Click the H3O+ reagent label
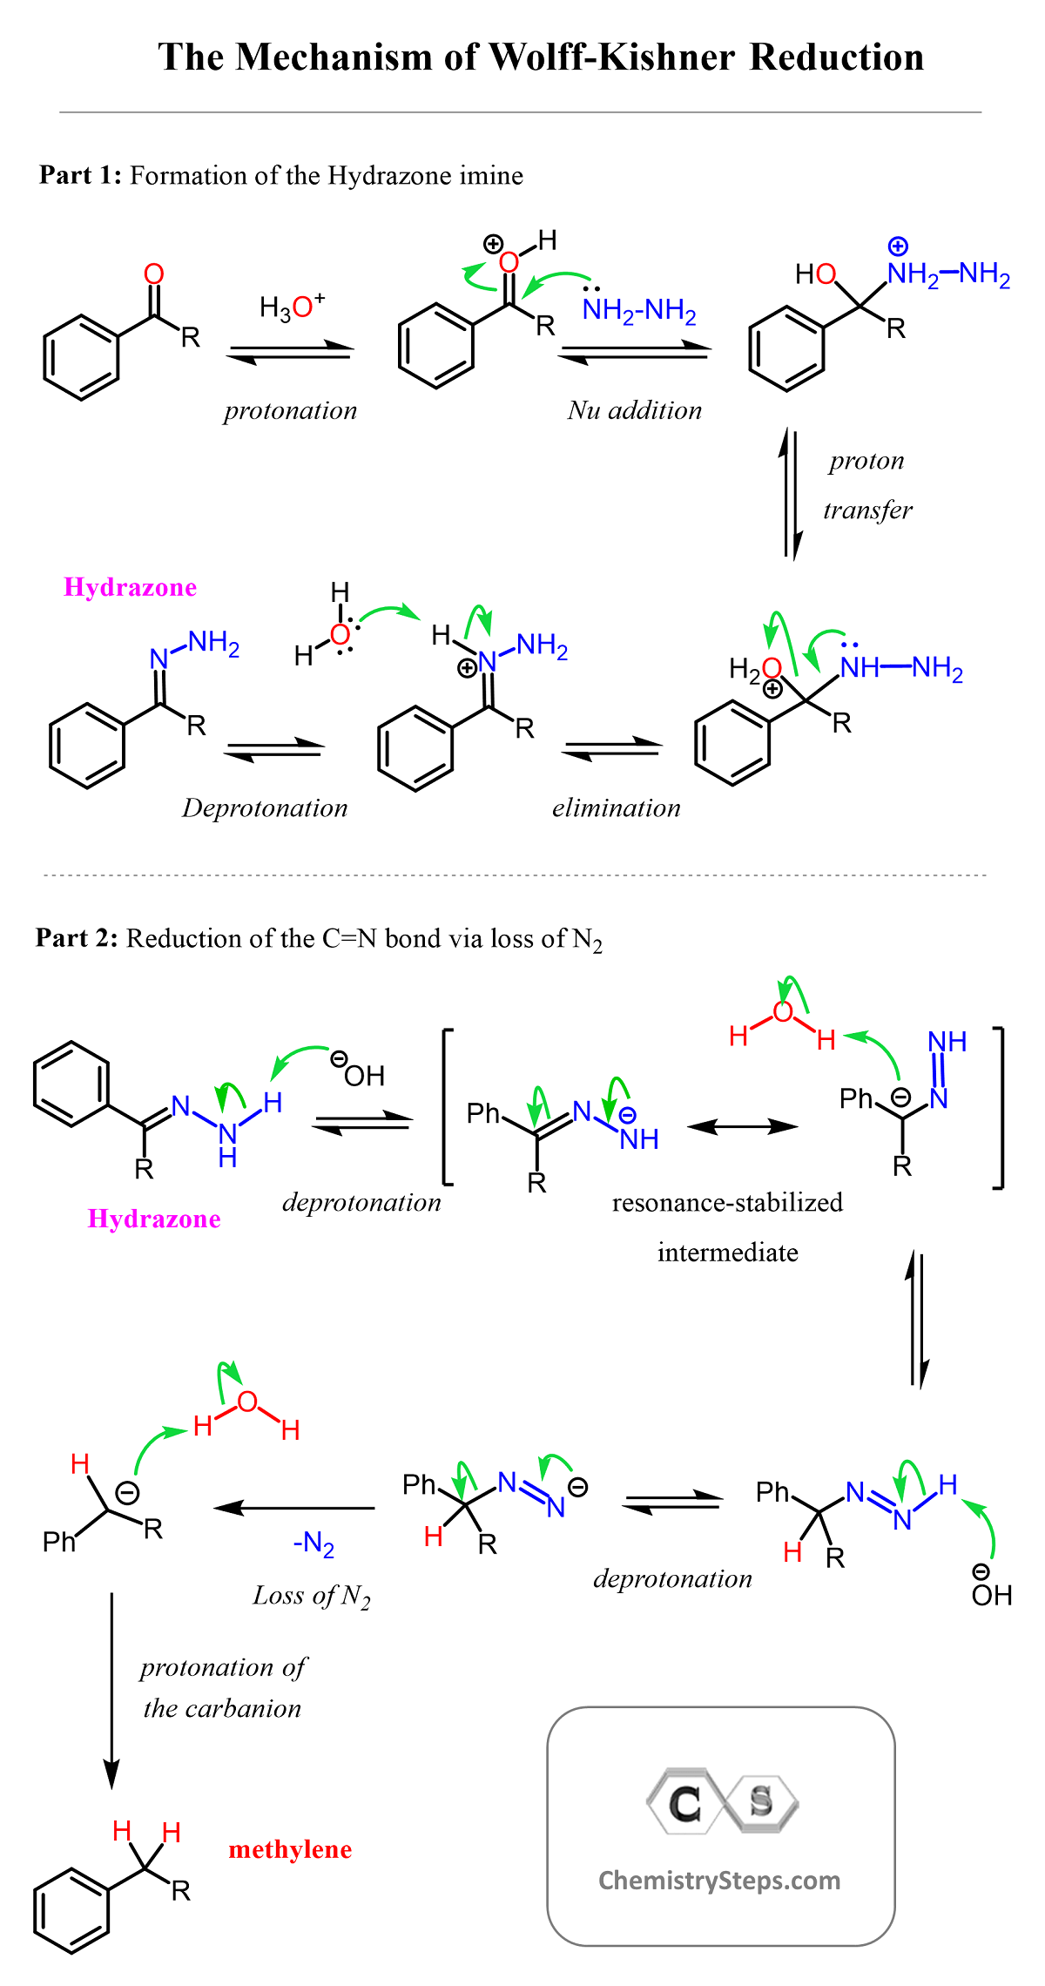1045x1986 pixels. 293,307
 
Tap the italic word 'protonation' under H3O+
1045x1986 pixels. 291,410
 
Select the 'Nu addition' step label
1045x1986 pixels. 635,410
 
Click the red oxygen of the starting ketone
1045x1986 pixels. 154,274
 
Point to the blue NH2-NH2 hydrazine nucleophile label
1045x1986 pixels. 640,310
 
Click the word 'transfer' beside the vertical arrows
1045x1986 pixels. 867,510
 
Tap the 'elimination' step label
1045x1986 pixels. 617,807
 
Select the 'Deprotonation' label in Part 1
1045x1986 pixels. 265,808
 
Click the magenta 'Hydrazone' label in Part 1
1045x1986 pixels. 131,587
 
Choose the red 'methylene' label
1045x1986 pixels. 290,1849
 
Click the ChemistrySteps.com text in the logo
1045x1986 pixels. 719,1881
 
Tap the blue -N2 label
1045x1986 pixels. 313,1544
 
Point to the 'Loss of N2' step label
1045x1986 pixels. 312,1596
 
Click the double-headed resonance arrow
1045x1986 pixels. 742,1126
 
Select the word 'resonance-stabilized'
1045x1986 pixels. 727,1203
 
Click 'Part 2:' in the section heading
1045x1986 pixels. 77,938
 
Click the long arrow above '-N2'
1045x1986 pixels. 294,1508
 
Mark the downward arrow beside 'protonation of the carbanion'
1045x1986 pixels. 111,1691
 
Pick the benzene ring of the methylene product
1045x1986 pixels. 71,1912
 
